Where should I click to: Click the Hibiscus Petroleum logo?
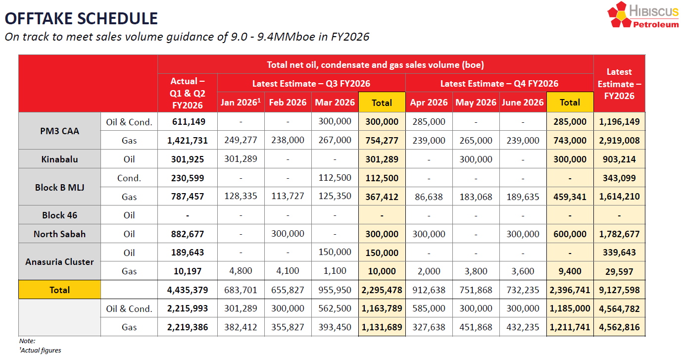coord(643,15)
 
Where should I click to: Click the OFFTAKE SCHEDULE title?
coord(81,19)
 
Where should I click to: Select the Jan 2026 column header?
coord(241,103)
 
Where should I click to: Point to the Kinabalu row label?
coord(59,159)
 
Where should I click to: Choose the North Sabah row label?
coord(59,234)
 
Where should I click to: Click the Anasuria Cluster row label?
coord(59,262)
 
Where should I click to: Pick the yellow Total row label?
coord(59,290)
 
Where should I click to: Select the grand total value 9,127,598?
coord(619,290)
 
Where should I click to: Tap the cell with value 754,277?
coord(382,141)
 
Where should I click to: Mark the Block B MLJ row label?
coord(59,188)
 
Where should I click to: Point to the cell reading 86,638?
coord(429,197)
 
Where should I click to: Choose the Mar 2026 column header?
coord(335,103)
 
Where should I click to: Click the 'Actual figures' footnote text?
coord(41,351)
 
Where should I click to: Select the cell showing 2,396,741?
coord(570,290)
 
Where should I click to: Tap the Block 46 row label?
coord(59,215)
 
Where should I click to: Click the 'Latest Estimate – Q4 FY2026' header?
coord(499,84)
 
